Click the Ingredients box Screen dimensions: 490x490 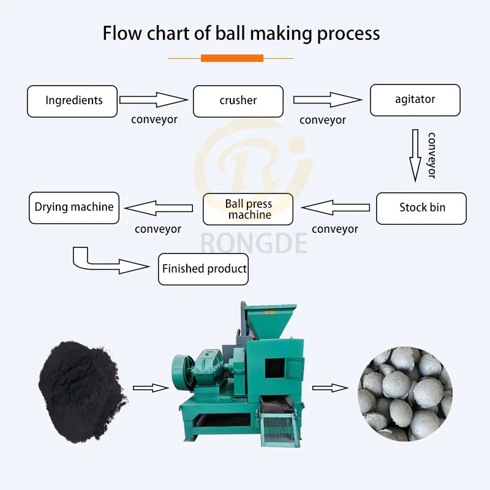tap(72, 101)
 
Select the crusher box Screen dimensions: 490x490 tap(238, 101)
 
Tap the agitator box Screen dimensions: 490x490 tap(415, 100)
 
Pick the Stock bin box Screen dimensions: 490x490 tap(421, 208)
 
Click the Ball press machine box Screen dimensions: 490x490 tap(248, 209)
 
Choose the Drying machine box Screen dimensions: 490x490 tap(74, 208)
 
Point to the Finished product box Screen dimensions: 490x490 tap(203, 269)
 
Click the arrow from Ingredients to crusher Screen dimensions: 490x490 tap(153, 100)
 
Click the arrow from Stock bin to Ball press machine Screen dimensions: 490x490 tap(336, 208)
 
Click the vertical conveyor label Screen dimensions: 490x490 tap(431, 155)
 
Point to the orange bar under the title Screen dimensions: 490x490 tap(232, 58)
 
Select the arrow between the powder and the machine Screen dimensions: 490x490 tap(151, 387)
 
